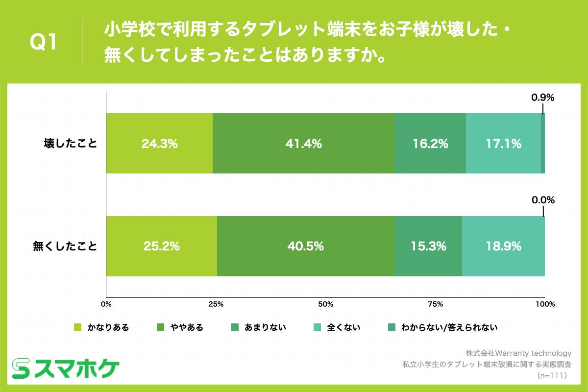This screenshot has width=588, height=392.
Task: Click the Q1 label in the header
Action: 44,43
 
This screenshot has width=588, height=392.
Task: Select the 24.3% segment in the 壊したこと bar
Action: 159,144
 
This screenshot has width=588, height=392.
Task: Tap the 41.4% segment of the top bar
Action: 303,144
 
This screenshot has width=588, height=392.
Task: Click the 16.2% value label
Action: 430,144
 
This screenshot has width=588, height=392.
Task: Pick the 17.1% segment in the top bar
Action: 503,144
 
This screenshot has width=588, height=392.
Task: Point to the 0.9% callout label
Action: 542,98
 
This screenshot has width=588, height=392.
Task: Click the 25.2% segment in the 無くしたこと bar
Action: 161,246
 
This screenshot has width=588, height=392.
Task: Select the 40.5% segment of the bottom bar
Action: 305,246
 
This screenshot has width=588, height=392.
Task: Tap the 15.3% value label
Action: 428,246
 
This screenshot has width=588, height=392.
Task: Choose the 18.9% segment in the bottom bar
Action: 503,246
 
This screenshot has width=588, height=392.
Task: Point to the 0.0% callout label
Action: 542,200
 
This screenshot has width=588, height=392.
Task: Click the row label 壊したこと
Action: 71,144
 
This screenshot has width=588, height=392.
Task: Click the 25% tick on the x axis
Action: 216,304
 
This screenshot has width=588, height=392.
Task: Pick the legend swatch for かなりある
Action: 77,327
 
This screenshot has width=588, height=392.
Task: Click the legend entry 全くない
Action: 343,327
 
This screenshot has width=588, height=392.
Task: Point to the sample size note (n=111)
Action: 552,375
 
